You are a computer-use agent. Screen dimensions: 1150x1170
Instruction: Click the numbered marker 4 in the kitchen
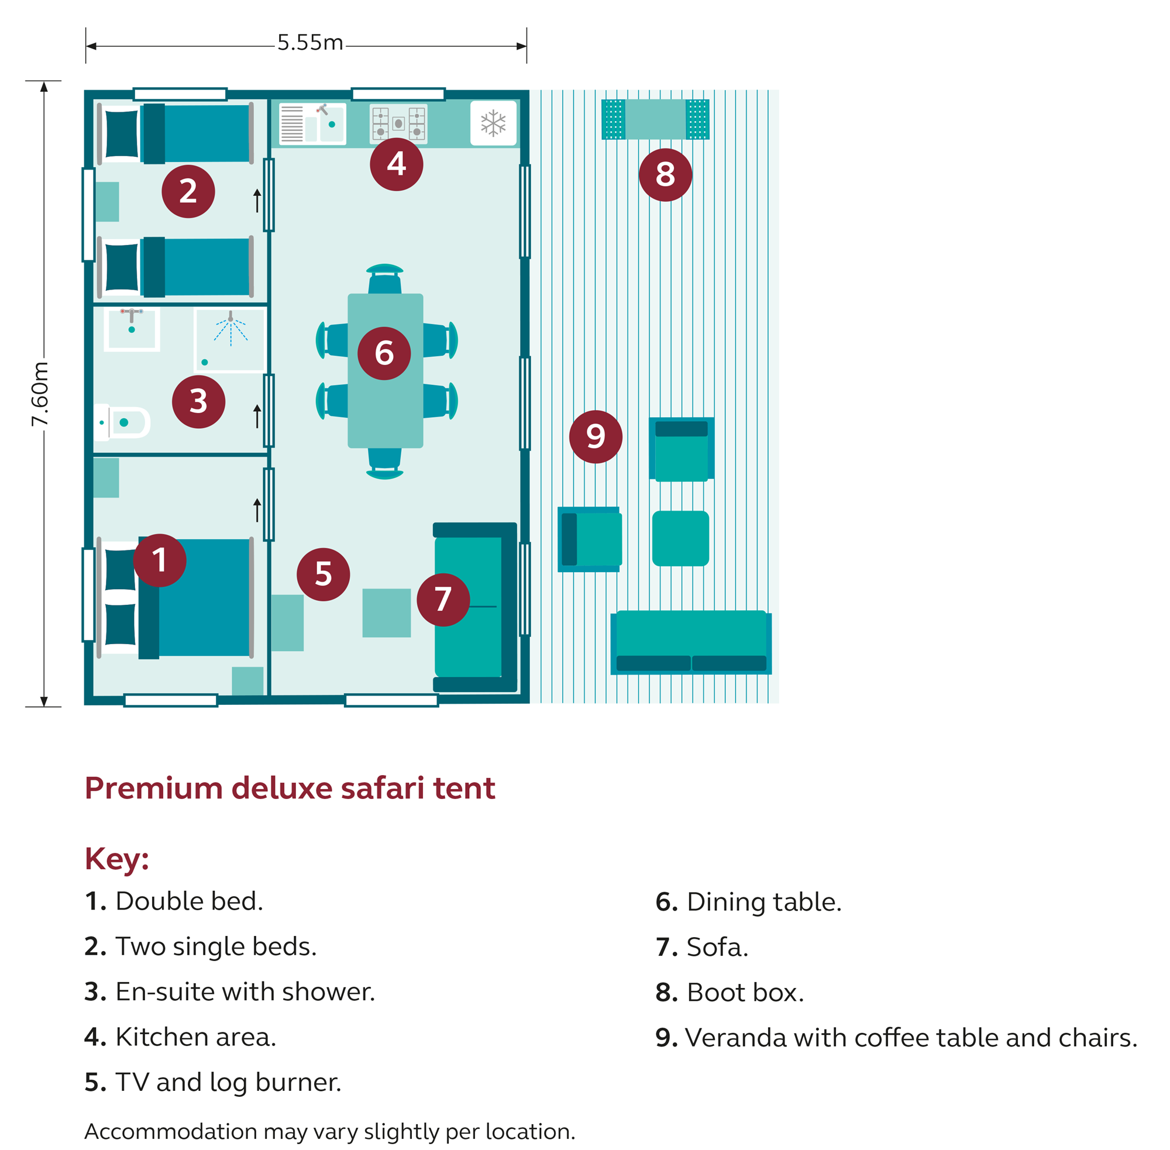pyautogui.click(x=396, y=164)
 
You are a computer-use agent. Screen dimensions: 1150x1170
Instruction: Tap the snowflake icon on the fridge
pyautogui.click(x=493, y=123)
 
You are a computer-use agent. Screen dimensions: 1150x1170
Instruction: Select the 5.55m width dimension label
pyautogui.click(x=310, y=43)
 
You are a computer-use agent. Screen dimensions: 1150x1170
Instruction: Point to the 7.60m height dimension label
pyautogui.click(x=40, y=393)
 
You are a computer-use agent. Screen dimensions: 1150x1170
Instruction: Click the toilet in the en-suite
pyautogui.click(x=123, y=422)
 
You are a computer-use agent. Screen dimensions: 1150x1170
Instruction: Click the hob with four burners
pyautogui.click(x=398, y=124)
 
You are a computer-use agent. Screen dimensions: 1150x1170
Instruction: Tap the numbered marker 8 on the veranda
pyautogui.click(x=665, y=174)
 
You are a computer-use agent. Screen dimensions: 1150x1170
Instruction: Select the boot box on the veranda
pyautogui.click(x=655, y=119)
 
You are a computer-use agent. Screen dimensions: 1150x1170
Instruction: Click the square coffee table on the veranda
pyautogui.click(x=680, y=538)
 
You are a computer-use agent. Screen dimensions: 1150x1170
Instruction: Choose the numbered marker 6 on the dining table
pyautogui.click(x=384, y=353)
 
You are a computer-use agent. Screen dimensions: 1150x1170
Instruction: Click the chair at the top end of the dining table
pyautogui.click(x=385, y=278)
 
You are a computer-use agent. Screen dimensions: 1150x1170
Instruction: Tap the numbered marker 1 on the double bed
pyautogui.click(x=160, y=560)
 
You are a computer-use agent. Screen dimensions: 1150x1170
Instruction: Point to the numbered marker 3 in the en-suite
pyautogui.click(x=198, y=402)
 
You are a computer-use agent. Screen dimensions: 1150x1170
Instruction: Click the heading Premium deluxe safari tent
pyautogui.click(x=290, y=787)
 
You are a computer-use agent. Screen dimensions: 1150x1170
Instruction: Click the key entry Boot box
pyautogui.click(x=729, y=993)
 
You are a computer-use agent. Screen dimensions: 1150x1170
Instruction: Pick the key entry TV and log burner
pyautogui.click(x=212, y=1082)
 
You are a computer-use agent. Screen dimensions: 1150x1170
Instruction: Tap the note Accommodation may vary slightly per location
pyautogui.click(x=329, y=1131)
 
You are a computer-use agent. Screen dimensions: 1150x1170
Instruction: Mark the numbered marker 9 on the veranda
pyautogui.click(x=595, y=437)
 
